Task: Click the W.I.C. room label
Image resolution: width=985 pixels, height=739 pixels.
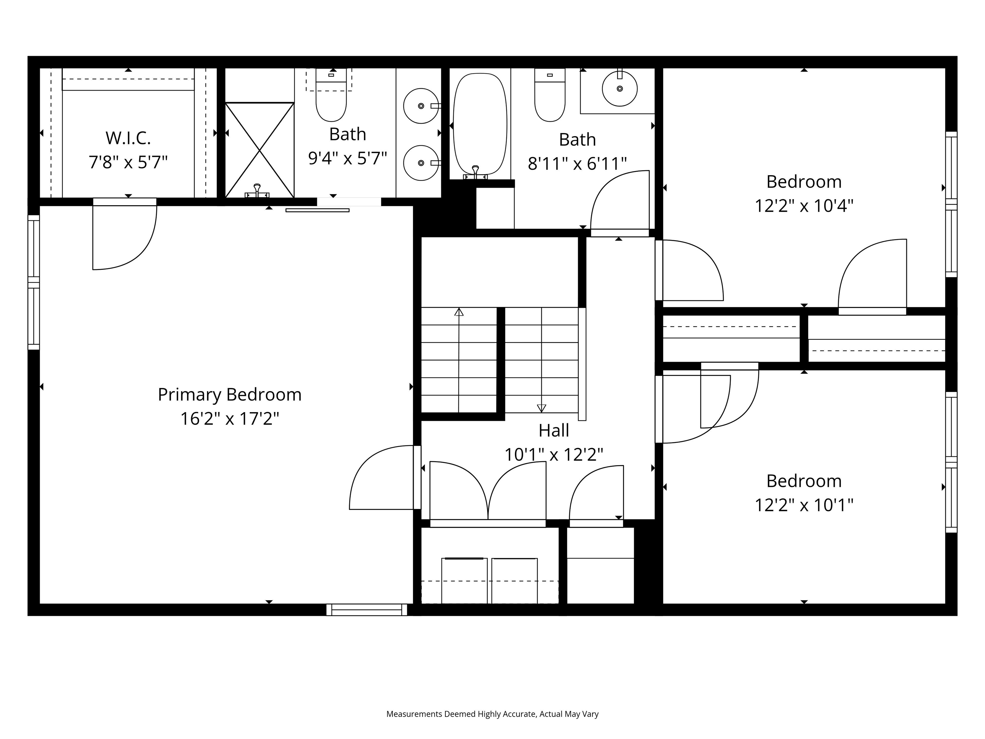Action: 128,138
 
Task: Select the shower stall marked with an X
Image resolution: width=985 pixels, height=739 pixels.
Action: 260,150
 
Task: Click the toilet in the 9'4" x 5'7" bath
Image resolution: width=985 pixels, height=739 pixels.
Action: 331,98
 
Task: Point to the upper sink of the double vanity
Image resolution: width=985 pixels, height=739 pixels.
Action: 421,106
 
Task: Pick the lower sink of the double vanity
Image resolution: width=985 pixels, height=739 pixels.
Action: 421,163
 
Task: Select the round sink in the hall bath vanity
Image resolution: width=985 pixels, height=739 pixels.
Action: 619,89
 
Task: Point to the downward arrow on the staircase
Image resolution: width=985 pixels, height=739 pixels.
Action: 542,408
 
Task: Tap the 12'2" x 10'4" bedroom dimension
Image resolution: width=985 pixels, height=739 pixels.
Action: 804,206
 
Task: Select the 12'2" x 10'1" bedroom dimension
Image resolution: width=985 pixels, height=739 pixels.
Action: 804,505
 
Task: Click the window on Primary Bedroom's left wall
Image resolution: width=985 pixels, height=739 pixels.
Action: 34,282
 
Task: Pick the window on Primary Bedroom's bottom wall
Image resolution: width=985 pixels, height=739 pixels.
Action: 366,610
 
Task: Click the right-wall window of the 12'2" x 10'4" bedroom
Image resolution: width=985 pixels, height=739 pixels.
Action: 951,204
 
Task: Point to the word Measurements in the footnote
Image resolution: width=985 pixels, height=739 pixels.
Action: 414,714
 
